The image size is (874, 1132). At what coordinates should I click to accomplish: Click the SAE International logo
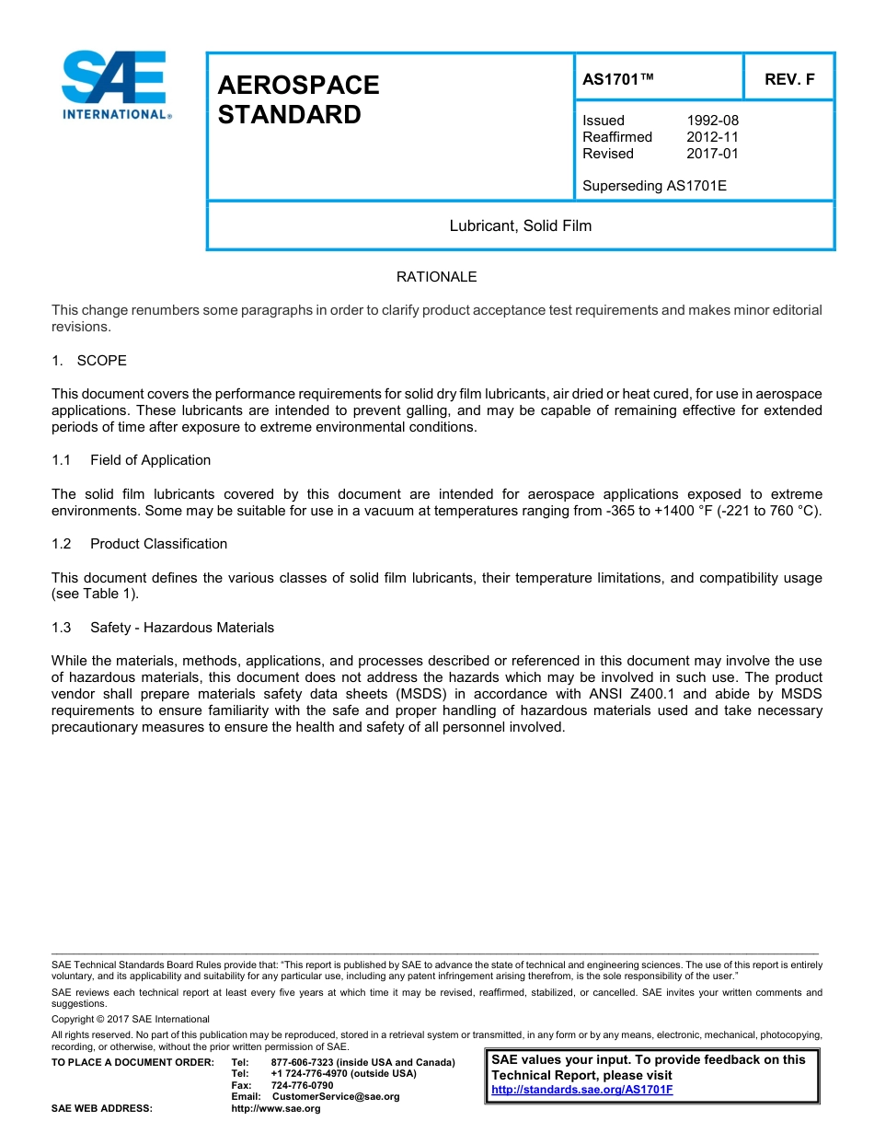[x=114, y=85]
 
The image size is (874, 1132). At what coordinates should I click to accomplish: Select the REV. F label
[x=789, y=79]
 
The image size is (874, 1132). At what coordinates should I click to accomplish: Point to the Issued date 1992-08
[x=712, y=121]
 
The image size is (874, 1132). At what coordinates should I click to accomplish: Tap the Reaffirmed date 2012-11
[x=712, y=137]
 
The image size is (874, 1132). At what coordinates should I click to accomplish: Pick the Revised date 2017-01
[x=712, y=154]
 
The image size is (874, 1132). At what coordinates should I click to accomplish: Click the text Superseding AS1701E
[x=654, y=186]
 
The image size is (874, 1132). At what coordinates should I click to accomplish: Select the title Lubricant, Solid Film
[x=520, y=225]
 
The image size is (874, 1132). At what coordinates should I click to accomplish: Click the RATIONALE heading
[x=436, y=277]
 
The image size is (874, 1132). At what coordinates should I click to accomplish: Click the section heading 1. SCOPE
[x=89, y=361]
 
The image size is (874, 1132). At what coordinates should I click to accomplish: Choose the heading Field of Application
[x=150, y=460]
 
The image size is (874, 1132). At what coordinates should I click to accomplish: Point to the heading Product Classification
[x=158, y=544]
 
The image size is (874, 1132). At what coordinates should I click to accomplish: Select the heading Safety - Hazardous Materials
[x=181, y=628]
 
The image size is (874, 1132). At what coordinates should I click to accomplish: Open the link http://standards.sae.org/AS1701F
[x=581, y=1090]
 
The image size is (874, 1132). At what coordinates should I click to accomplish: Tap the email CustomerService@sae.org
[x=336, y=1096]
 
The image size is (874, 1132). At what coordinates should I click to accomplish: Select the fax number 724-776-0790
[x=302, y=1085]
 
